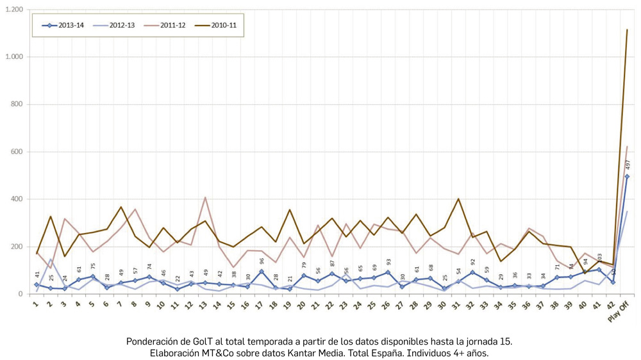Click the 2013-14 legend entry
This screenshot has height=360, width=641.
[63, 26]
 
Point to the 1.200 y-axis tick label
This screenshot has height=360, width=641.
[13, 10]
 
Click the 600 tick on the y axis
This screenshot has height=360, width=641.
[16, 152]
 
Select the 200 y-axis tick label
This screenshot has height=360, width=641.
[16, 247]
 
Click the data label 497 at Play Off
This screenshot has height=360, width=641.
[628, 165]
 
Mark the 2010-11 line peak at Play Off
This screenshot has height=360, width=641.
[627, 29]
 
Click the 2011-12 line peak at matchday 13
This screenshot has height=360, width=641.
[205, 197]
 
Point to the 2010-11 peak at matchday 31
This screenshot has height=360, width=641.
[458, 199]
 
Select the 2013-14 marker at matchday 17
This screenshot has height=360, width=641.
[262, 272]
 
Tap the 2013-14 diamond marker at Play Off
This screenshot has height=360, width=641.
[627, 176]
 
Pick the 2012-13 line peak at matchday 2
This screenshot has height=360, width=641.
[51, 259]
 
